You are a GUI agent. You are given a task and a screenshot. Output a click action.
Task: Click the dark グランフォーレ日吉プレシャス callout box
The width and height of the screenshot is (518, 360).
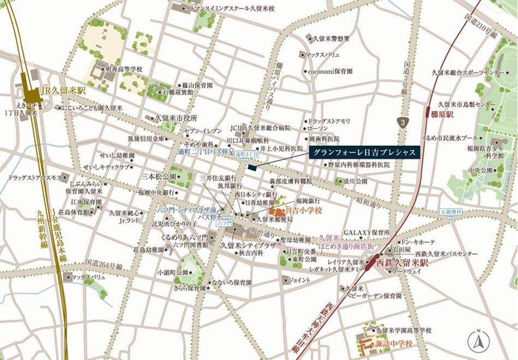tap(363, 152)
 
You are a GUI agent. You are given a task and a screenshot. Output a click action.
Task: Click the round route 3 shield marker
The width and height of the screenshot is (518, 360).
tap(403, 123)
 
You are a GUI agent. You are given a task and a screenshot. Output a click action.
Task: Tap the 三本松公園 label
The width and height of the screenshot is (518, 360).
tap(158, 177)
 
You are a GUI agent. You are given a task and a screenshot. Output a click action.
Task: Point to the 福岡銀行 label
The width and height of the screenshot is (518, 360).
tap(307, 200)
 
